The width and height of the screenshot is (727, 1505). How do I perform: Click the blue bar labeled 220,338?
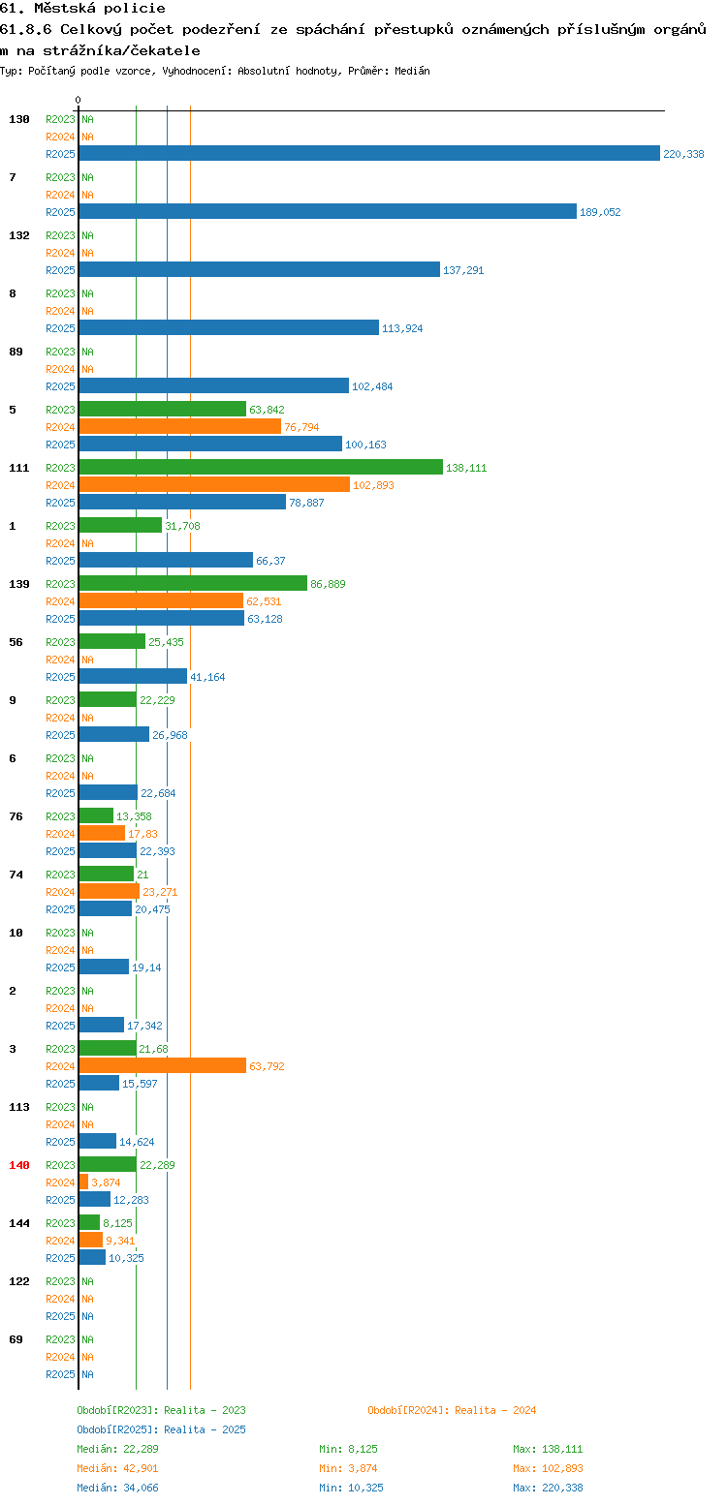pyautogui.click(x=369, y=153)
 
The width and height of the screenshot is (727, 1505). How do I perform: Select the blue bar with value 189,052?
pyautogui.click(x=328, y=212)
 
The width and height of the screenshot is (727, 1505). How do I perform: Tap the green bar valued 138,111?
pyautogui.click(x=261, y=467)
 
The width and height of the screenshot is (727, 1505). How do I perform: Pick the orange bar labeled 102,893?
pyautogui.click(x=214, y=484)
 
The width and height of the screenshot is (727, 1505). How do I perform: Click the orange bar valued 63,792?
pyautogui.click(x=163, y=1065)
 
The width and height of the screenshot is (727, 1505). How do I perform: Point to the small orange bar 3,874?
pyautogui.click(x=83, y=1182)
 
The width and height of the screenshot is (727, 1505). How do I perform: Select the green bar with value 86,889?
pyautogui.click(x=193, y=583)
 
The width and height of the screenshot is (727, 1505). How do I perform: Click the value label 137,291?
pyautogui.click(x=463, y=270)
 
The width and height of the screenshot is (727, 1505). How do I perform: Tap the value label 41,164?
pyautogui.click(x=207, y=677)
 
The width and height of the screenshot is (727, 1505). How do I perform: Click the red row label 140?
pyautogui.click(x=18, y=1165)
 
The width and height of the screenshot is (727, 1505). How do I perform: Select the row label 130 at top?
pyautogui.click(x=18, y=119)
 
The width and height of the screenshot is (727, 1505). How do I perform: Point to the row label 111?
pyautogui.click(x=18, y=468)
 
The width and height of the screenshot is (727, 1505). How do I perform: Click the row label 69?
pyautogui.click(x=16, y=1339)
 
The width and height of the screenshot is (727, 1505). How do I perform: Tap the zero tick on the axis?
pyautogui.click(x=78, y=100)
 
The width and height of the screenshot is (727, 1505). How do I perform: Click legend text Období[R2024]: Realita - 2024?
pyautogui.click(x=452, y=1410)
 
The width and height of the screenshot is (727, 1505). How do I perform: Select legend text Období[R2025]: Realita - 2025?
pyautogui.click(x=161, y=1429)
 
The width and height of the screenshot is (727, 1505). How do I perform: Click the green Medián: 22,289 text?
pyautogui.click(x=117, y=1449)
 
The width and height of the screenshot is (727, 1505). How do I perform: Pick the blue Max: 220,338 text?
pyautogui.click(x=548, y=1488)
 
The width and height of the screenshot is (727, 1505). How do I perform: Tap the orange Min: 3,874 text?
pyautogui.click(x=348, y=1469)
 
